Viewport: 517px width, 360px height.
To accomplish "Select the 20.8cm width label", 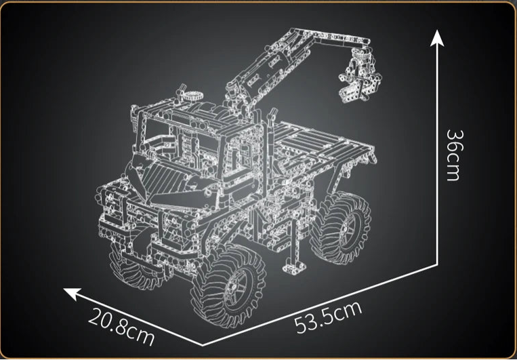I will [121, 325].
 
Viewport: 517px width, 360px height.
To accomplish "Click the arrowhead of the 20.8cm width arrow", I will [69, 292].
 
